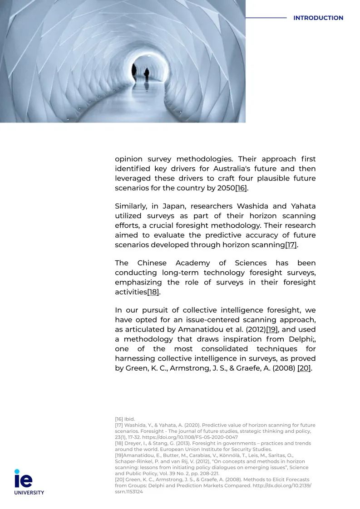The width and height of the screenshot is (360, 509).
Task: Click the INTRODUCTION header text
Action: point(318,18)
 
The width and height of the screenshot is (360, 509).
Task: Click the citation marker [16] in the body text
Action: point(241,188)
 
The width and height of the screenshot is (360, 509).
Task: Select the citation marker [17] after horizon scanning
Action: point(291,245)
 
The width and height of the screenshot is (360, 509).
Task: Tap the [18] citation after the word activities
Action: point(153,292)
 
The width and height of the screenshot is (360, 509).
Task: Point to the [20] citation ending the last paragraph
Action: point(304,368)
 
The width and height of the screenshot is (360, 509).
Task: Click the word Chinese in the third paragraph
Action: point(152,264)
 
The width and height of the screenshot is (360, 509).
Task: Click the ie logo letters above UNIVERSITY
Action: point(23,479)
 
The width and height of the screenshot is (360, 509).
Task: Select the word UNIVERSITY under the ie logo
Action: point(29,493)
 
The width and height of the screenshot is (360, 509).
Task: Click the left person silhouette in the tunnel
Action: point(134,70)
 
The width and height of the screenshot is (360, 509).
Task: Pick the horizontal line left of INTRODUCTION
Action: point(266,18)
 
